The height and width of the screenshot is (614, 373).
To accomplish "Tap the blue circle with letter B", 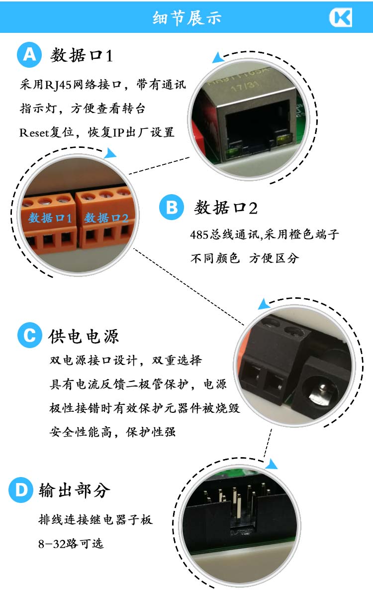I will coord(172,207).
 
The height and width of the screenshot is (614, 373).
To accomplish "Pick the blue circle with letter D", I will coord(21,491).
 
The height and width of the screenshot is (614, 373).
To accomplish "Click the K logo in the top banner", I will coord(341,18).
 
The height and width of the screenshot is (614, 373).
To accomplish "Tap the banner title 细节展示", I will coord(186,18).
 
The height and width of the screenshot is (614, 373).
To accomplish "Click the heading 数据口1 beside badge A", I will coord(82,56).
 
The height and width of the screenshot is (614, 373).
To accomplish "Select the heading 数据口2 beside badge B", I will coord(226,208).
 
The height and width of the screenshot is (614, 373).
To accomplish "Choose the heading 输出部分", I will coord(75,491).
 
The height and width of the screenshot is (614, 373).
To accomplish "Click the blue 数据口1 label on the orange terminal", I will coord(50,218).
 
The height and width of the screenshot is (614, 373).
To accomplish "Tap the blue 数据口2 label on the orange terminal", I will coord(106,218).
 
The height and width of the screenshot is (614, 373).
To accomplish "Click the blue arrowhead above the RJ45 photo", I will coord(217,58).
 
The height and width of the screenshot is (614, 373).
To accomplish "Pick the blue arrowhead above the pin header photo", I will coord(271,465).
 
